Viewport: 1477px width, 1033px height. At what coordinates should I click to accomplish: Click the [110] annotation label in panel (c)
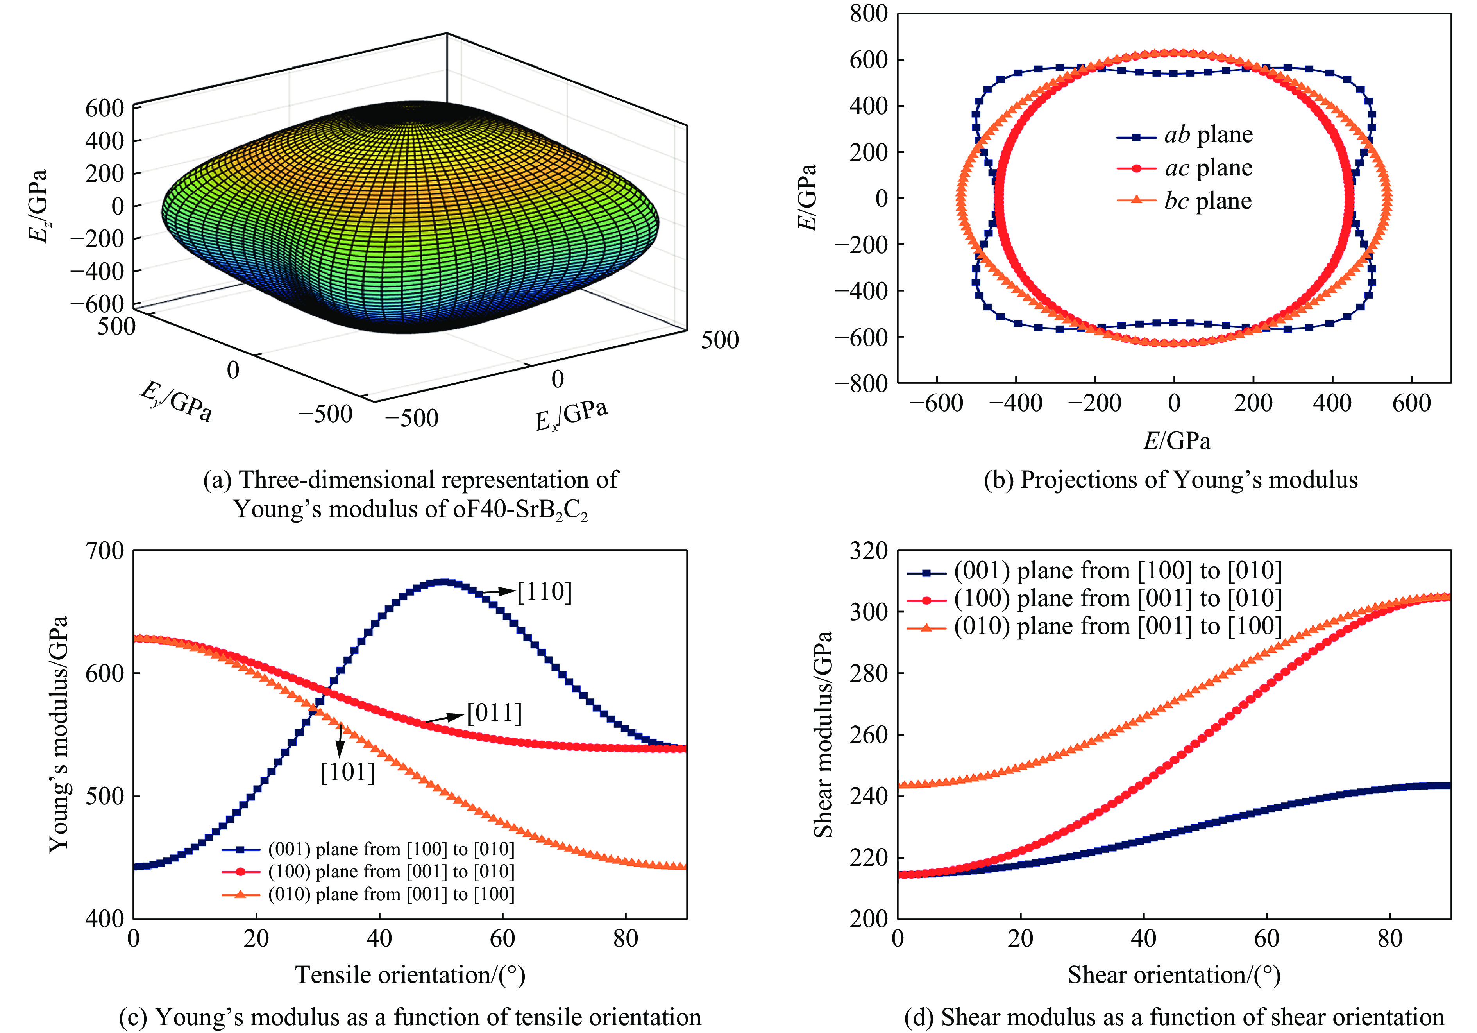[544, 591]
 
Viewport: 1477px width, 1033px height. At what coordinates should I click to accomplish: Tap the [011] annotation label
[494, 713]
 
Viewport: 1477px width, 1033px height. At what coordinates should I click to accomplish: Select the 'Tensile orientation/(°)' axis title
[410, 975]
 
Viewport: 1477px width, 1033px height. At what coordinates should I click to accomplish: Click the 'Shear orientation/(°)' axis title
[1174, 975]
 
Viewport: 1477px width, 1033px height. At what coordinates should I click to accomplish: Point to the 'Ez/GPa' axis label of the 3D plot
[37, 206]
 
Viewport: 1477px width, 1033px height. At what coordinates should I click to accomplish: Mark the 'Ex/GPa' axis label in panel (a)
[571, 415]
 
